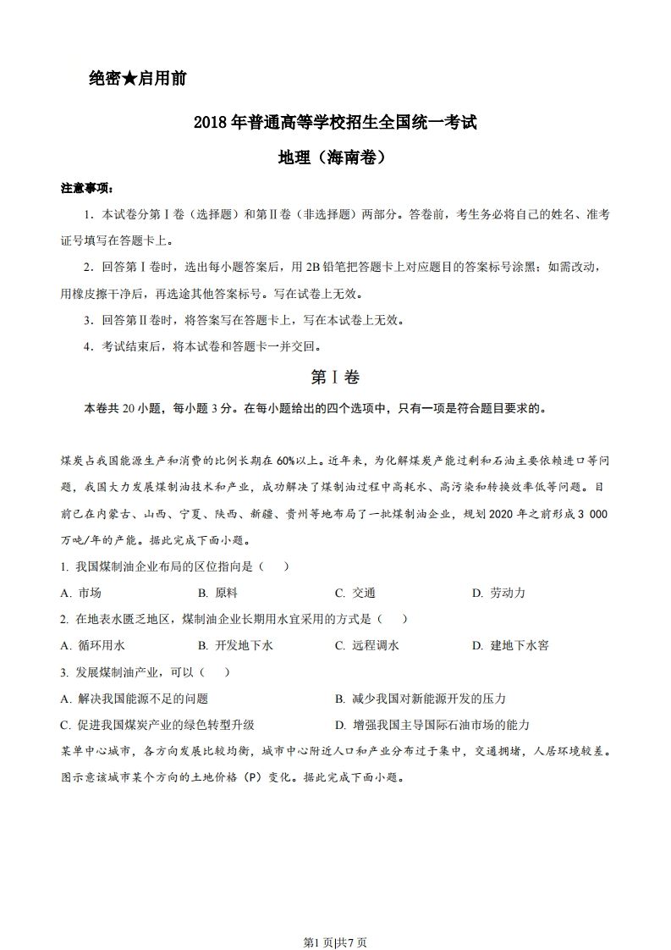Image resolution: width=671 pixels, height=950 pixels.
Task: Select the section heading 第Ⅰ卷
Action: (335, 377)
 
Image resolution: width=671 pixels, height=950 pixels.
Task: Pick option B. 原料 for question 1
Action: (217, 593)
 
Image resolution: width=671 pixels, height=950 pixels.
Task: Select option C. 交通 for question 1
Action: (355, 593)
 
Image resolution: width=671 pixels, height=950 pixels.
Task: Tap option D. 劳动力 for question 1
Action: (498, 593)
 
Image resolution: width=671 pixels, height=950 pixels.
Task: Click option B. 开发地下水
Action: (235, 645)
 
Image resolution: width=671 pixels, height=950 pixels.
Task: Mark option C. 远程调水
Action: (366, 645)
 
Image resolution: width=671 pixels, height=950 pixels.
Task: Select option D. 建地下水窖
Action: (510, 645)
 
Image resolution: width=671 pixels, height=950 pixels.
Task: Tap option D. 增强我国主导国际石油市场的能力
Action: (432, 725)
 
